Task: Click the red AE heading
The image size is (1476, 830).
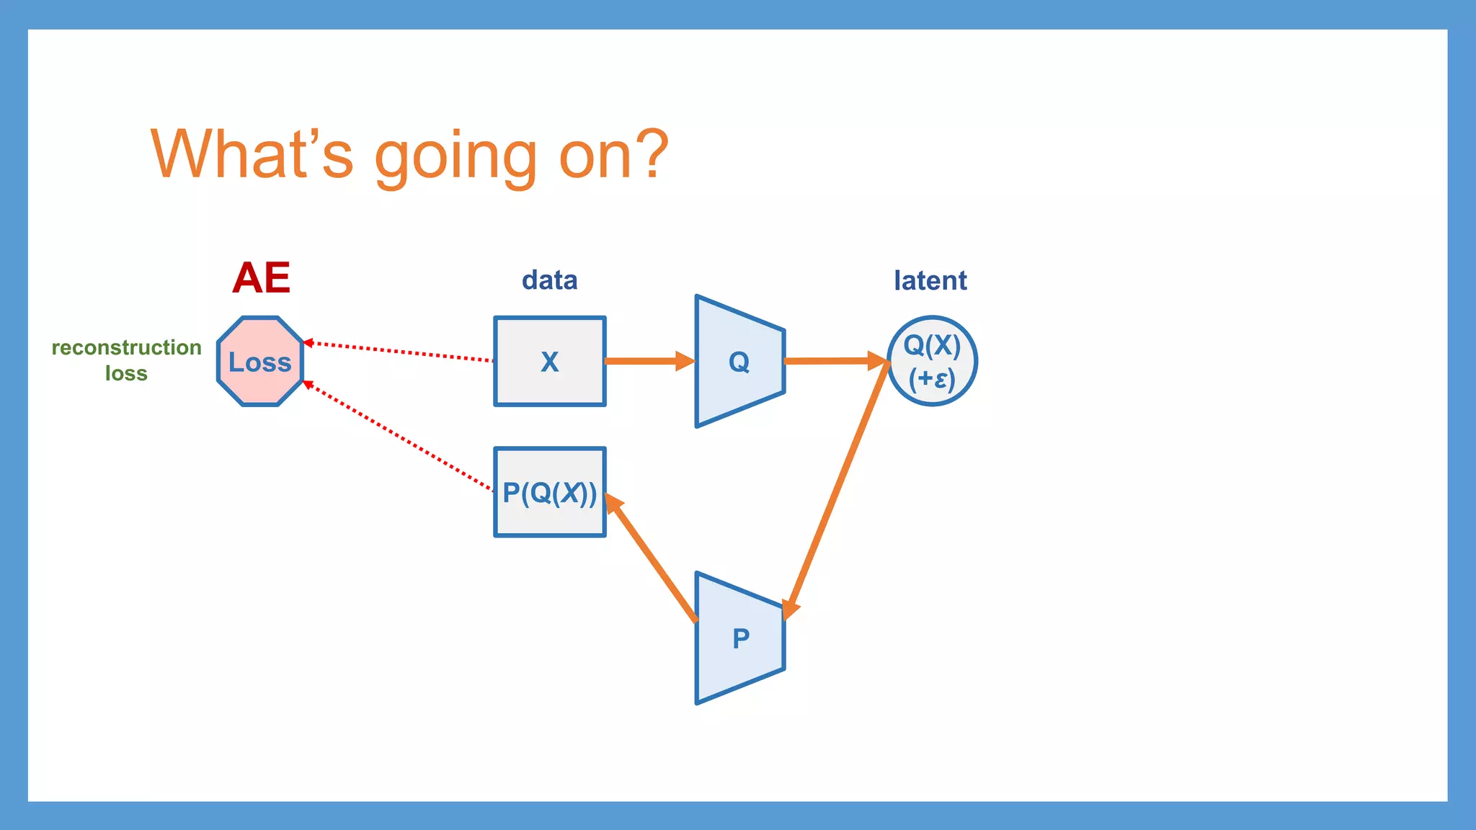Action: click(x=261, y=278)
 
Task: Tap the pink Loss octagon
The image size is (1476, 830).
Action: click(x=260, y=362)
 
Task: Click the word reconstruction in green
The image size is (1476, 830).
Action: click(x=126, y=347)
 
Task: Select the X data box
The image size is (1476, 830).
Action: click(x=549, y=361)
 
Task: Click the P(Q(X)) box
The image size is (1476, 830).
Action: click(x=549, y=493)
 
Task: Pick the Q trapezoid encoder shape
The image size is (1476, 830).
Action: click(x=739, y=361)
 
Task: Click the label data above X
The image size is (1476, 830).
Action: click(x=549, y=280)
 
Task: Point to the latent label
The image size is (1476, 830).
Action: click(x=930, y=280)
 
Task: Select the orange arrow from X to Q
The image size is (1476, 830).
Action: click(x=645, y=361)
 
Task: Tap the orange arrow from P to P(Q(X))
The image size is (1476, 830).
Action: click(x=653, y=558)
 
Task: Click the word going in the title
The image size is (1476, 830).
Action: click(x=455, y=155)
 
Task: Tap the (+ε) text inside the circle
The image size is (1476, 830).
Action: click(x=932, y=378)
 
